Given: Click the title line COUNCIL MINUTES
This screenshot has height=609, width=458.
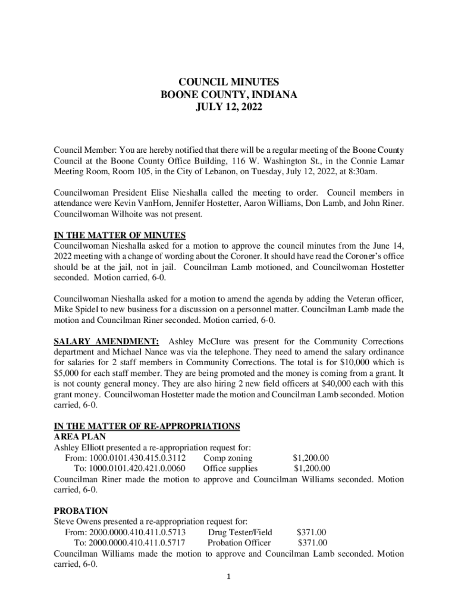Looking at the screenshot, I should tap(228, 82).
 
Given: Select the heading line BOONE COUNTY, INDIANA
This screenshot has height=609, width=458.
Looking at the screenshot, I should tap(228, 95).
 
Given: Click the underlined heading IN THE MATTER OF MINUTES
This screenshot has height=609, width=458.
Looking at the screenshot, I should tap(120, 235).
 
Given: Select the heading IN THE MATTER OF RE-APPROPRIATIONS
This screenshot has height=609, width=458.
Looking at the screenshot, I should tap(147, 426).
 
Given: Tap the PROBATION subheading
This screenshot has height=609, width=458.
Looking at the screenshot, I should tap(81, 511).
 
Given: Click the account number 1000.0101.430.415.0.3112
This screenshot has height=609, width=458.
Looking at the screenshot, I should tap(137, 458).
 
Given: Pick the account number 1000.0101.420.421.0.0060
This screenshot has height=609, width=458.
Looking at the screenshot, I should tap(137, 469).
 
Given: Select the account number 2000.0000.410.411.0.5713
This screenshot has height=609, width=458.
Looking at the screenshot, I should tap(137, 532).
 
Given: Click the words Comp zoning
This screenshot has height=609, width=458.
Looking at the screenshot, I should tap(227, 458).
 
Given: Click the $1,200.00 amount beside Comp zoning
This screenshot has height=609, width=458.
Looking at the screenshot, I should tap(311, 458).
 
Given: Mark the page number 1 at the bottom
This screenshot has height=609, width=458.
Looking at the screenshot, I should tap(229, 577).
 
